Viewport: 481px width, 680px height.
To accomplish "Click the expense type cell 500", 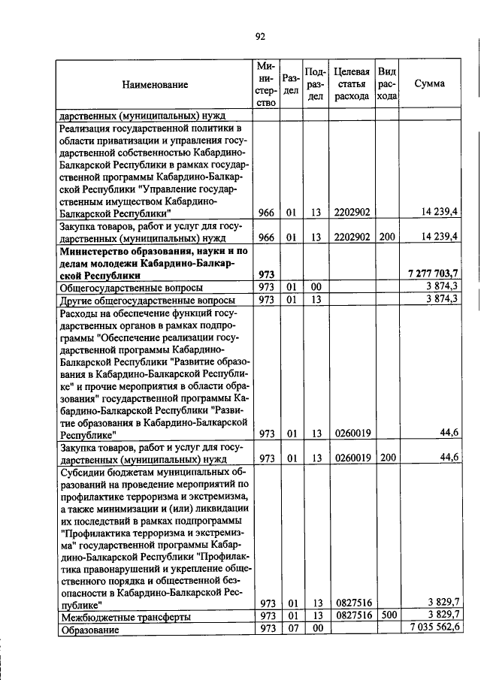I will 386,616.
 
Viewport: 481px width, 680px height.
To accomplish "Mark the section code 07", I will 292,629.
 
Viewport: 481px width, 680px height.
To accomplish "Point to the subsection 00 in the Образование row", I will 317,629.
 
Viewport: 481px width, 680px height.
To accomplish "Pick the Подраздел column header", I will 317,84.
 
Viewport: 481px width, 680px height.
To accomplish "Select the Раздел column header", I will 292,84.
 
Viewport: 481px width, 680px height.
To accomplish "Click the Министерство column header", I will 266,85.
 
